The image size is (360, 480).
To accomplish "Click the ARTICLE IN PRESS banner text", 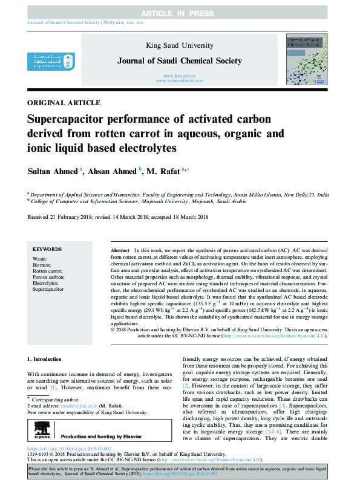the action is point(180,13).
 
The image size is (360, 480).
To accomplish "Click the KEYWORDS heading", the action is point(47,248).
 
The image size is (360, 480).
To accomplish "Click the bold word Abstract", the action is point(120,250).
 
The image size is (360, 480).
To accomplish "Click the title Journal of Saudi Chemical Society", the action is point(180,60).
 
